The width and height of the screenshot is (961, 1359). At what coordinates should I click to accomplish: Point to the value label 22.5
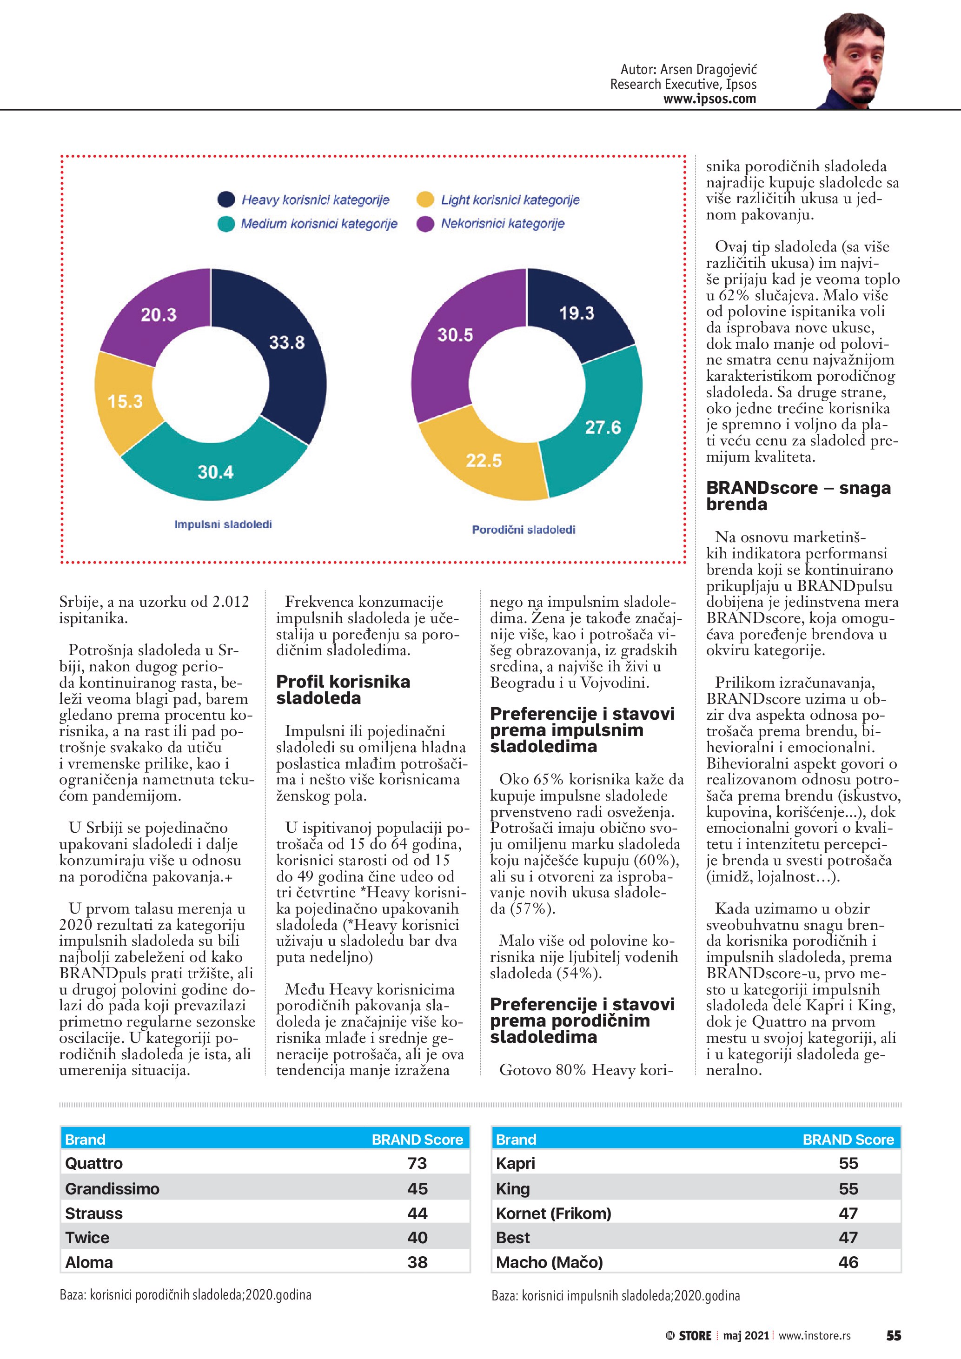(484, 460)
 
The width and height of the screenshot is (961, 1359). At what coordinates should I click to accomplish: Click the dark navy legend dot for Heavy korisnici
(226, 199)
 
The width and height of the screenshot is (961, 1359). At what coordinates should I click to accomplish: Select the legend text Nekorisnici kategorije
(503, 224)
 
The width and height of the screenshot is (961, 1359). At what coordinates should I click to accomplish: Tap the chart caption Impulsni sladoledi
(223, 524)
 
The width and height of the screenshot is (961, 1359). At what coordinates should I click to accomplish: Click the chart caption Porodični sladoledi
(523, 529)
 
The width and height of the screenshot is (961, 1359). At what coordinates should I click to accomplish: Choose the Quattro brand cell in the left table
(94, 1163)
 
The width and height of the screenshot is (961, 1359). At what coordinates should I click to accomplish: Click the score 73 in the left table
(417, 1163)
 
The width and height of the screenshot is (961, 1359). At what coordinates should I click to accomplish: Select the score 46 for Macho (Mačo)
(848, 1262)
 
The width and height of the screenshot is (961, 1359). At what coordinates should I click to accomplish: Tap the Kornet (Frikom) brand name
(553, 1213)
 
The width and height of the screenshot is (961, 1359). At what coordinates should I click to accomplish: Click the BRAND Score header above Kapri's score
(848, 1140)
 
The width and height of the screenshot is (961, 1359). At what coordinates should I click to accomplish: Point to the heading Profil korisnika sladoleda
(343, 689)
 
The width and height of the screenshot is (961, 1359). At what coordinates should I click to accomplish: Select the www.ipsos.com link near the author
(709, 99)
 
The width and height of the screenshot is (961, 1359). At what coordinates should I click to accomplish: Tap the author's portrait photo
(854, 62)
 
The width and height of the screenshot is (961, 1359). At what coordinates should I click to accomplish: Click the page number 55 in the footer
(893, 1335)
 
